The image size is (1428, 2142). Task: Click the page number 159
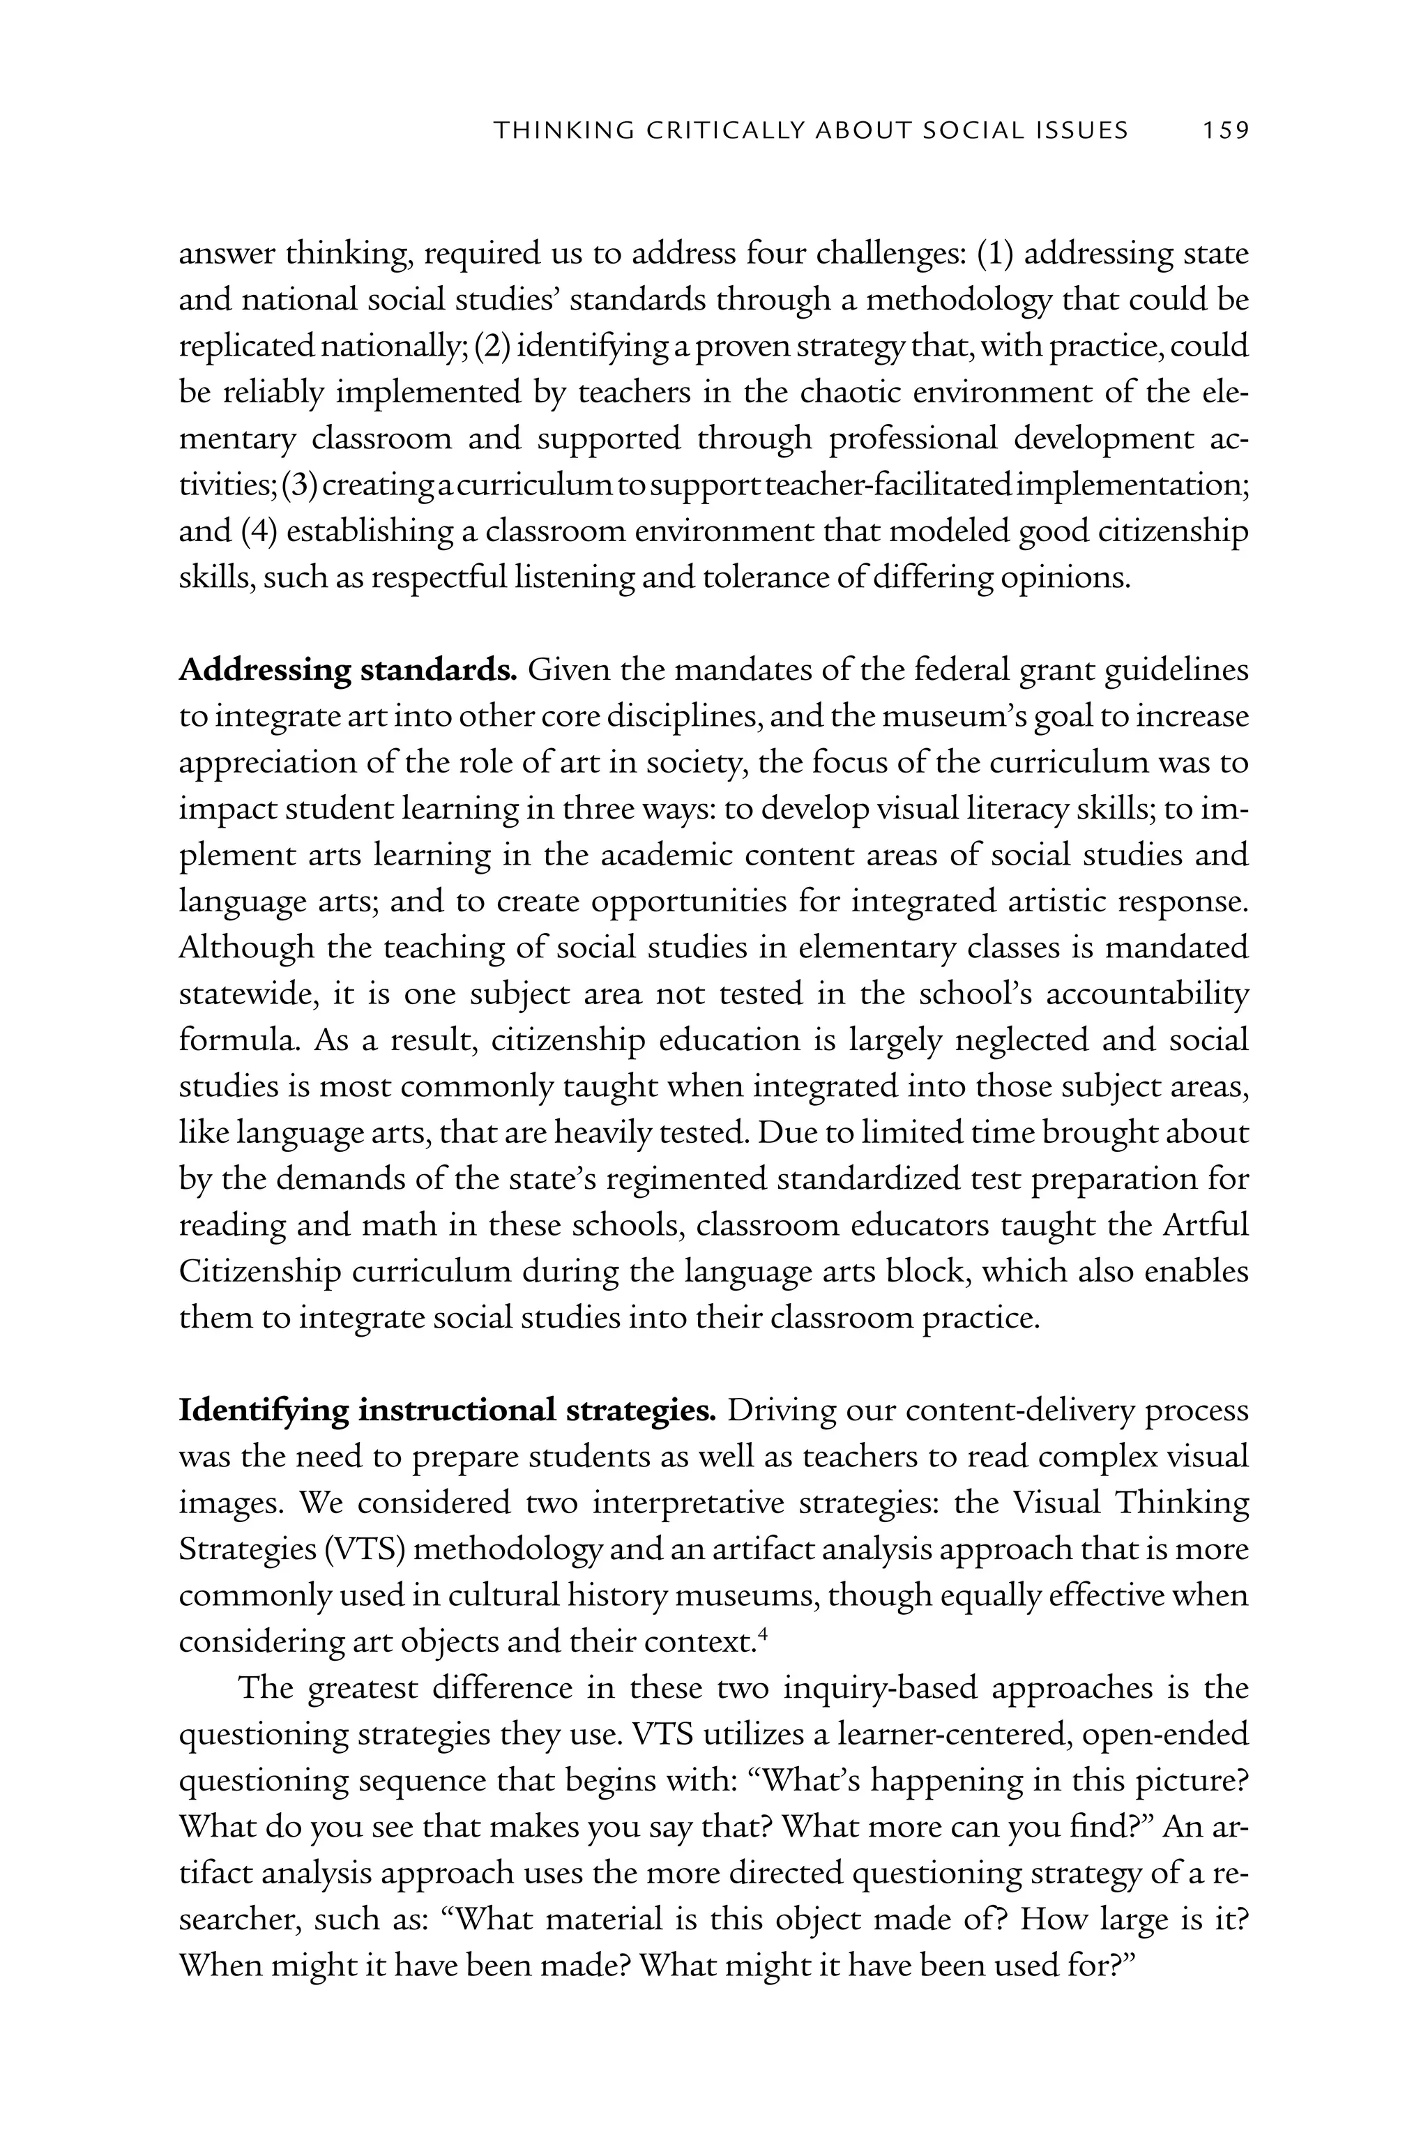coord(1224,131)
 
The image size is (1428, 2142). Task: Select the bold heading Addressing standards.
coord(348,671)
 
